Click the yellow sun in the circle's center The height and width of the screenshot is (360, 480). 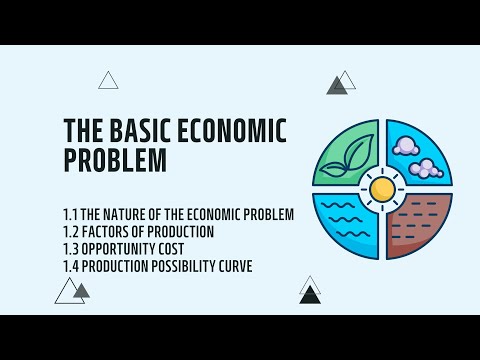point(382,188)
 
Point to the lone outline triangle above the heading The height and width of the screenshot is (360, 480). point(108,81)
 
